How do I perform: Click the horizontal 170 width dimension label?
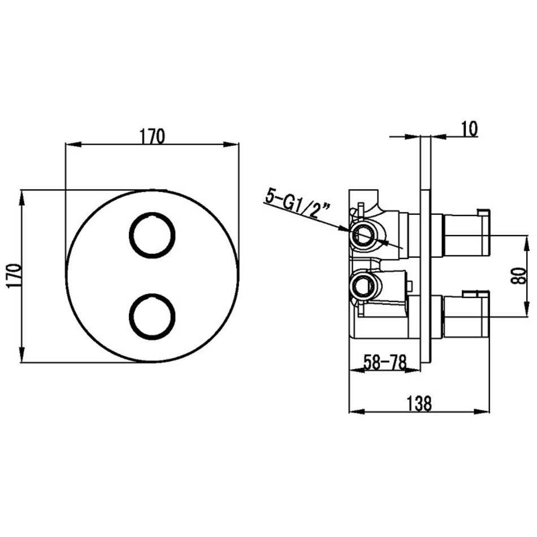tap(152, 136)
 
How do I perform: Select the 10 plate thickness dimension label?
tap(470, 129)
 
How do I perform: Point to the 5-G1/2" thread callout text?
tap(297, 206)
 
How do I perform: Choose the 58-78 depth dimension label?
tap(384, 362)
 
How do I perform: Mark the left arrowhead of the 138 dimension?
tap(356, 412)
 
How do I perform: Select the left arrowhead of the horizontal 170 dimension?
tap(72, 144)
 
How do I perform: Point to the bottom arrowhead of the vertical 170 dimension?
tap(21, 354)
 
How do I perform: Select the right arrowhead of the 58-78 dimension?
tap(413, 370)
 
